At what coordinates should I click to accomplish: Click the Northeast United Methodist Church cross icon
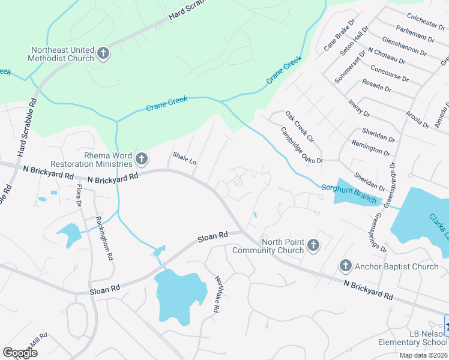pos(103,54)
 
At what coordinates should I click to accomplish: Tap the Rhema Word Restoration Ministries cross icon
pos(142,159)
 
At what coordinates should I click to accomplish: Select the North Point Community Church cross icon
pos(313,245)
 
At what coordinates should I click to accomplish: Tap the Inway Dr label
pos(359,107)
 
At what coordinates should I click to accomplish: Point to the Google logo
pos(19,353)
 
